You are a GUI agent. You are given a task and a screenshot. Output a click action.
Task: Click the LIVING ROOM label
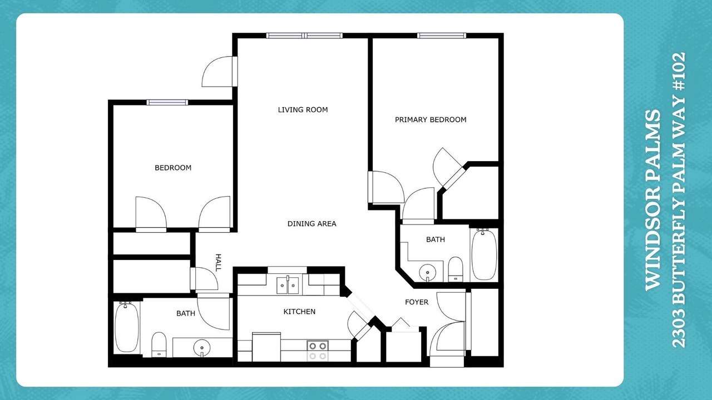point(303,110)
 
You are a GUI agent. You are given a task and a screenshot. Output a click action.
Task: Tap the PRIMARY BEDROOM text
point(431,119)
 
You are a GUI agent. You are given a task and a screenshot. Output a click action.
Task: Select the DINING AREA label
point(311,224)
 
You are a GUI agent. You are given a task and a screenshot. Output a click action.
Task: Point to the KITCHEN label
point(299,312)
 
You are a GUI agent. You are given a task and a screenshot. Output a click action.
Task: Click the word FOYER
point(417,302)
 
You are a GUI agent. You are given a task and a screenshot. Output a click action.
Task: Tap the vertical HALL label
point(218,263)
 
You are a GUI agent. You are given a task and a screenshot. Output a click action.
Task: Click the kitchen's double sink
point(288,286)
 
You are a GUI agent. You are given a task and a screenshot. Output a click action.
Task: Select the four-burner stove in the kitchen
point(318,351)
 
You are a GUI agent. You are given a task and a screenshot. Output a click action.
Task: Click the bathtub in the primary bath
point(484,254)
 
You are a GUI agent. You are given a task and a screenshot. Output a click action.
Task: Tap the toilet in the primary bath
point(456,269)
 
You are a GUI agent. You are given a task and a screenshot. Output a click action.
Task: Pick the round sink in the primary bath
point(428,273)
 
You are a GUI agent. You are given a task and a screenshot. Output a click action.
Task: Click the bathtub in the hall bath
point(126,327)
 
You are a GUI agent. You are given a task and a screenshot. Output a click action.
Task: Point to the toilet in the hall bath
point(159,345)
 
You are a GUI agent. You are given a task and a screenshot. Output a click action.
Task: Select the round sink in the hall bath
point(202,348)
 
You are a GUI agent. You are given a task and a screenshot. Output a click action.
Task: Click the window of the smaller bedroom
point(167,102)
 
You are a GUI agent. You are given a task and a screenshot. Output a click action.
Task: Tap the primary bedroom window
point(442,36)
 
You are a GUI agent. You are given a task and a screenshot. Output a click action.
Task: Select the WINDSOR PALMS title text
point(654,200)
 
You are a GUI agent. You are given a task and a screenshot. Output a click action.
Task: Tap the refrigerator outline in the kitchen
point(266,347)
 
